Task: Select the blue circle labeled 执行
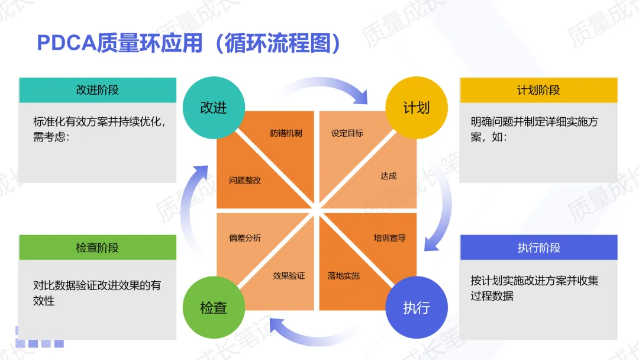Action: pos(416,308)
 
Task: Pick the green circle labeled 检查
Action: pos(214,308)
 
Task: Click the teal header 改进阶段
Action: pos(98,90)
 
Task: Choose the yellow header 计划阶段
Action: pos(538,90)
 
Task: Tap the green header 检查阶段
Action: pos(98,247)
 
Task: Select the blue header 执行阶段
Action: pos(538,247)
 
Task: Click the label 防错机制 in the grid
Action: pos(286,133)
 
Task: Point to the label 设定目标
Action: pos(347,133)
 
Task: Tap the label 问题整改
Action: pos(245,180)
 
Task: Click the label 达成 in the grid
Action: pos(389,176)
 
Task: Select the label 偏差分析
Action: pos(245,238)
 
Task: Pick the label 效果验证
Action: pos(289,275)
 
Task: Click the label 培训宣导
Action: pos(389,238)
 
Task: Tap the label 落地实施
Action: pos(344,275)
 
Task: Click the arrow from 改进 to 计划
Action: pos(322,89)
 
